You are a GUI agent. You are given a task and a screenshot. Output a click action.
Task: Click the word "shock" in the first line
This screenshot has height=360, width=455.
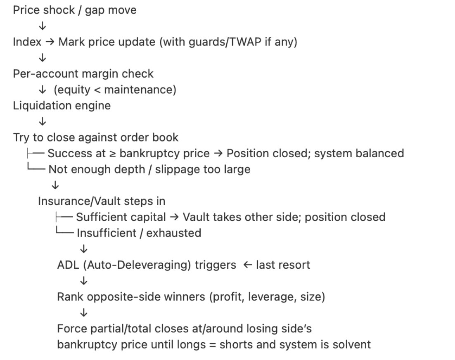point(58,10)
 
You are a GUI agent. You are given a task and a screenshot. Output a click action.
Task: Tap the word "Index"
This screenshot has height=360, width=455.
point(27,42)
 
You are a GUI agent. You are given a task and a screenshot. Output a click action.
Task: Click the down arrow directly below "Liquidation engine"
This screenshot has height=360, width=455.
point(42,122)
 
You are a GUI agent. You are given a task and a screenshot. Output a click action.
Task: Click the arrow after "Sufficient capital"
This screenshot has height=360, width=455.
point(174,217)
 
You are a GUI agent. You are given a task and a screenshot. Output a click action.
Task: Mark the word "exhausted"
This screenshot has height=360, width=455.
point(174,233)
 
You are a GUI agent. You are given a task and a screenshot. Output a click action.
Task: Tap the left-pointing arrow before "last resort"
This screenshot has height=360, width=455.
point(247,265)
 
